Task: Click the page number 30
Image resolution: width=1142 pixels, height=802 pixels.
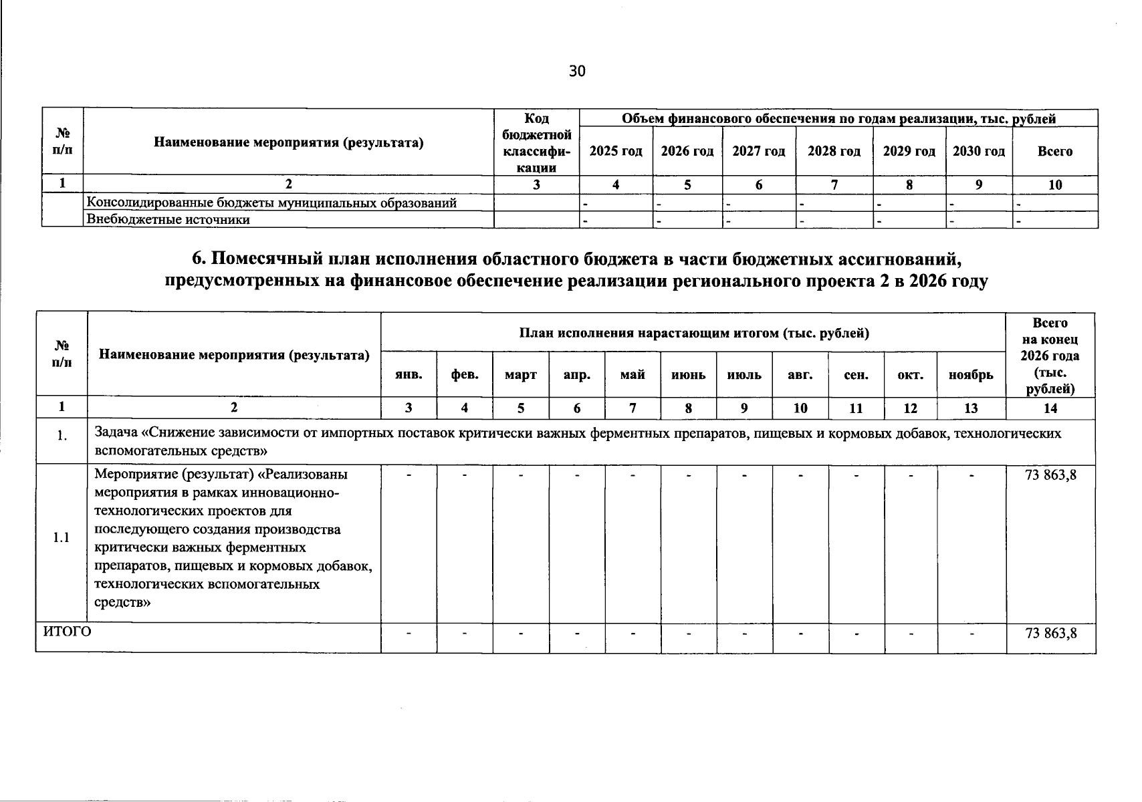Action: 577,72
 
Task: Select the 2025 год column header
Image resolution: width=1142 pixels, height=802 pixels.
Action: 616,151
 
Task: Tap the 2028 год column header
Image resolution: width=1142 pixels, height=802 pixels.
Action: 834,151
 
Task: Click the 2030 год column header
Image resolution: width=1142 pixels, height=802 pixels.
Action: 979,151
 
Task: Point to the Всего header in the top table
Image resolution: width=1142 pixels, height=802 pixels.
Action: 1055,151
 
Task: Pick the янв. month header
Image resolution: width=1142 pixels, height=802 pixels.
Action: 409,375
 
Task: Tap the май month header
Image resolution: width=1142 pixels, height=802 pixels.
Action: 633,375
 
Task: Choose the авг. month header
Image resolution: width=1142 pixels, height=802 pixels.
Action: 800,375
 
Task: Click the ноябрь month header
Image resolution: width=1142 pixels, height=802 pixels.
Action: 972,375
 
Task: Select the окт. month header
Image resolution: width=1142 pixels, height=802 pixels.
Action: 911,375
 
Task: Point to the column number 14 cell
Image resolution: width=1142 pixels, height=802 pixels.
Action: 1050,408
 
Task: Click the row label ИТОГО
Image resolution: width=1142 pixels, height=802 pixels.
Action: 67,632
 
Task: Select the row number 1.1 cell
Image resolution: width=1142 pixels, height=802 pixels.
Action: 62,539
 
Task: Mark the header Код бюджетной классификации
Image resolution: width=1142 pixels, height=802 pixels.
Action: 536,143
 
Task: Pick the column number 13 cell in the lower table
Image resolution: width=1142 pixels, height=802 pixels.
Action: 972,408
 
